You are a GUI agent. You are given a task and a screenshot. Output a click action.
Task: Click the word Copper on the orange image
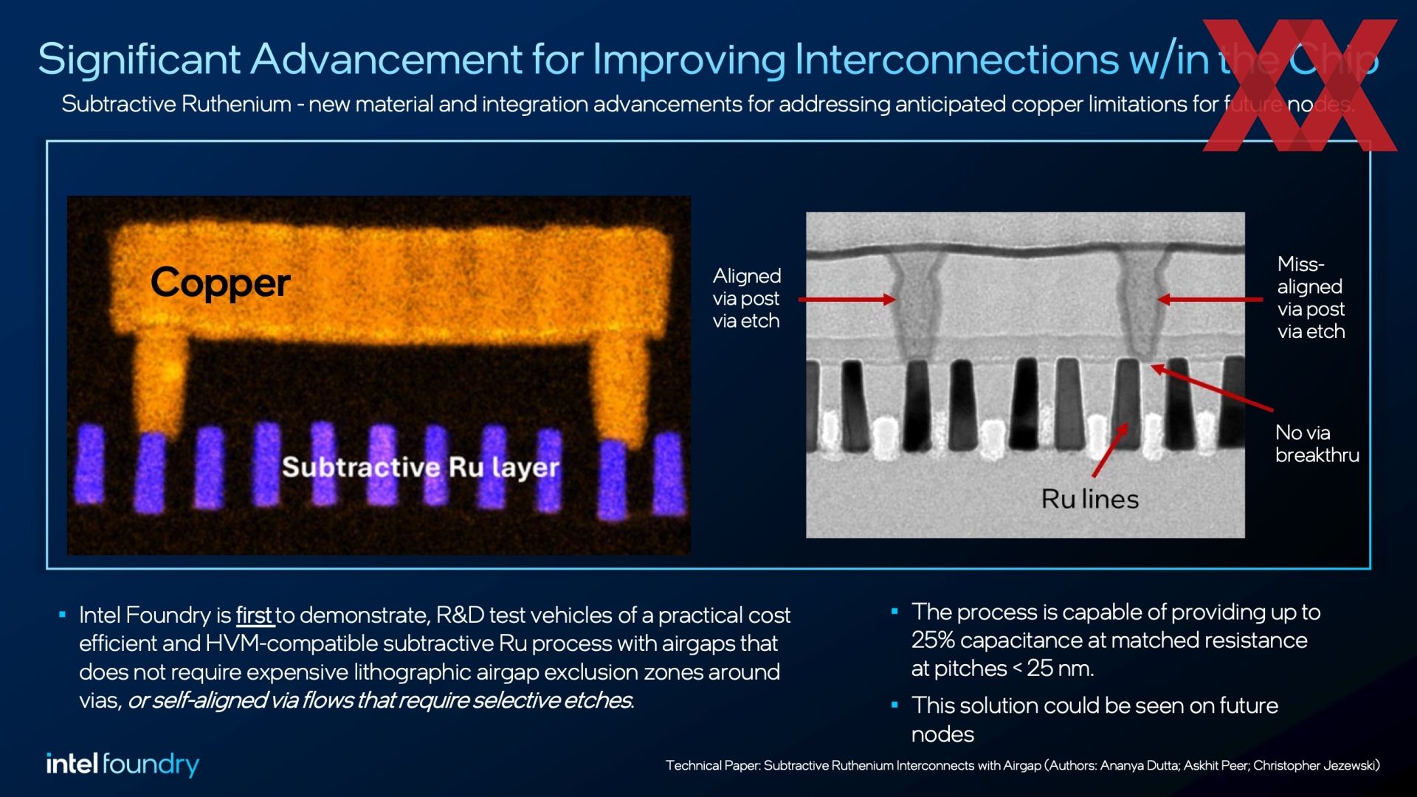(x=220, y=283)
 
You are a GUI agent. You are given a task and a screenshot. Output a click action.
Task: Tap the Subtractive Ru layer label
(x=421, y=467)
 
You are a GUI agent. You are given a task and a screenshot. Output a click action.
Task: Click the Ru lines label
(x=1090, y=500)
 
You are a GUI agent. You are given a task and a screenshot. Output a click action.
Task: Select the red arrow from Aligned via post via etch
(x=847, y=300)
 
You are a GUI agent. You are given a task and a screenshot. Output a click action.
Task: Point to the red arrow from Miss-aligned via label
(x=1210, y=300)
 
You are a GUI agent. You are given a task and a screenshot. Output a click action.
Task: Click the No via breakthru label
(x=1317, y=444)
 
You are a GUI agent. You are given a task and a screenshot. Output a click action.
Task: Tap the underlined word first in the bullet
(x=255, y=615)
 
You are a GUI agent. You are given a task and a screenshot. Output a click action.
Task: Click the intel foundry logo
(x=123, y=765)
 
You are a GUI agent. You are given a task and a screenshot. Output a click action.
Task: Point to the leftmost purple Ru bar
(x=90, y=465)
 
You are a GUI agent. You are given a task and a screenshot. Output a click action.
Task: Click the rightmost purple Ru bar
(x=669, y=474)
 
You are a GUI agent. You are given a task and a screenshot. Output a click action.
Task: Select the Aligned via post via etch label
(x=746, y=298)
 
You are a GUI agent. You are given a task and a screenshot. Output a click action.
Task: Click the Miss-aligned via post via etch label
(x=1311, y=297)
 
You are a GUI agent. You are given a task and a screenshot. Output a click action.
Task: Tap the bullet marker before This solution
(x=894, y=705)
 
